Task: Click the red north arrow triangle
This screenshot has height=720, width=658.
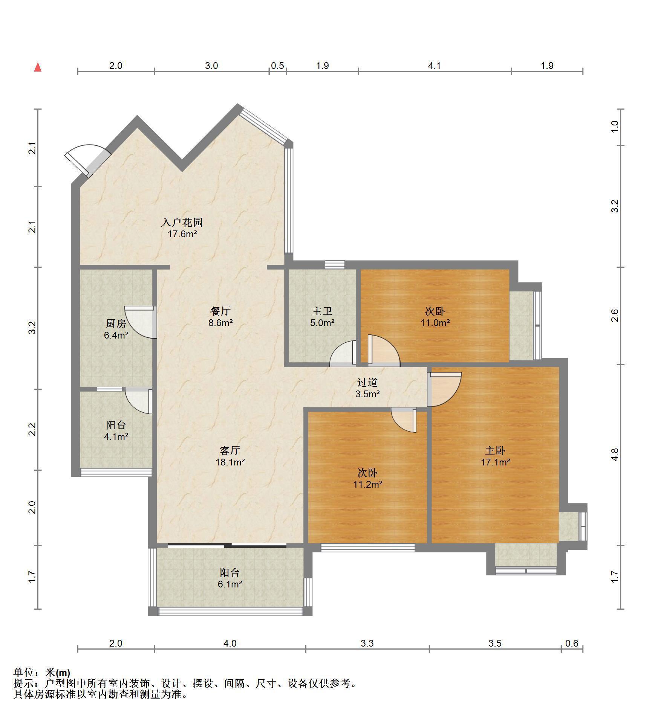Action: point(38,67)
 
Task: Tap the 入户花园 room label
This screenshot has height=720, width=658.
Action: point(182,222)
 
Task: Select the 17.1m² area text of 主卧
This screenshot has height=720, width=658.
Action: point(495,462)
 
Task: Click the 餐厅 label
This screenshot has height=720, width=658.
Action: point(220,311)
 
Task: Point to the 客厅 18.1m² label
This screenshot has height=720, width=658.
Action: point(230,456)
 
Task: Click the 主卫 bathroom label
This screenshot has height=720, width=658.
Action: point(322,311)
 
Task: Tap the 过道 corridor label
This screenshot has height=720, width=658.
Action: point(367,382)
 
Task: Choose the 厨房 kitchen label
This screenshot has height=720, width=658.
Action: point(116,323)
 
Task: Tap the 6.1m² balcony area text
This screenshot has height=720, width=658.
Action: point(230,584)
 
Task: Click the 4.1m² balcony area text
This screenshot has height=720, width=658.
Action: point(116,436)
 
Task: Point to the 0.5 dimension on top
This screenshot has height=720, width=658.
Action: point(277,66)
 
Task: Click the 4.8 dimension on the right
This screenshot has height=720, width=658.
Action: point(615,455)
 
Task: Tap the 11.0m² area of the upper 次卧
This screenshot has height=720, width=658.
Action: point(435,323)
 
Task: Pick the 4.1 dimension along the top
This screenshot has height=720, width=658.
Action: point(435,66)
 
